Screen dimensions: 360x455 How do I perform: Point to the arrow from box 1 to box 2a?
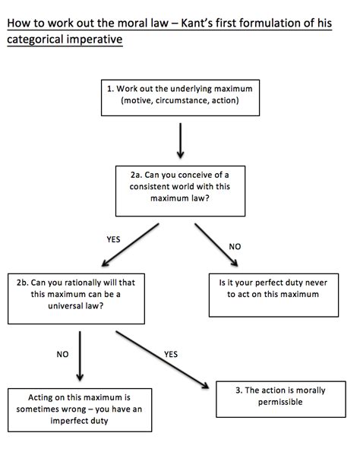click(181, 141)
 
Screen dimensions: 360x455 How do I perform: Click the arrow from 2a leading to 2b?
click(130, 245)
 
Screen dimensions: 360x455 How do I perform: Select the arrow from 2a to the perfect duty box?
click(216, 245)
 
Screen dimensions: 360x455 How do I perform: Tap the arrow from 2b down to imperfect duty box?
click(80, 356)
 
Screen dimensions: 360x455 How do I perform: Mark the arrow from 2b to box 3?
click(163, 360)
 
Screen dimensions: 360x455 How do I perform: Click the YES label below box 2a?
click(113, 239)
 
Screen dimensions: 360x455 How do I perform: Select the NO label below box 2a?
click(235, 247)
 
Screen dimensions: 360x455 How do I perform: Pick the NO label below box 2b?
click(63, 354)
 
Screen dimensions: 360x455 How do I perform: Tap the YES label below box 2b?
click(171, 354)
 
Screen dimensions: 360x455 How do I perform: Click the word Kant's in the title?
click(197, 24)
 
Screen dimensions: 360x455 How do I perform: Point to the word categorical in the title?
click(33, 39)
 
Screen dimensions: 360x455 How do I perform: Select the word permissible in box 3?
click(280, 402)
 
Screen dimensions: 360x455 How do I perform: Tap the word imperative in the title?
click(92, 39)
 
